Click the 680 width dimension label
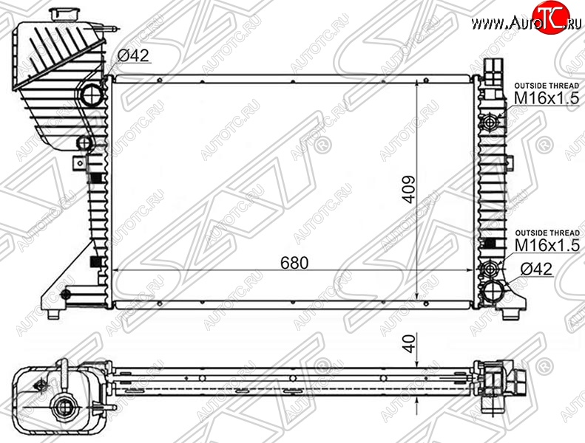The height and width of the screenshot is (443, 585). coord(294,263)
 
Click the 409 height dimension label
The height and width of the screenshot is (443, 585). coord(409,190)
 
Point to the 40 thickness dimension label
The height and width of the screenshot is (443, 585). coord(409,343)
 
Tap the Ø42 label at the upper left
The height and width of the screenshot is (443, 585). coord(133,55)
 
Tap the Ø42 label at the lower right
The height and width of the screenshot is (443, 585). coord(536,269)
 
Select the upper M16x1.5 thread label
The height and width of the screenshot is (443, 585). coord(547,98)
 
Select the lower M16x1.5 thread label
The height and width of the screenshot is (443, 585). coord(547,245)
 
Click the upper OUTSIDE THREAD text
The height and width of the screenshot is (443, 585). coord(547,86)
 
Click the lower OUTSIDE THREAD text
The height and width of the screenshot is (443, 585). coord(547,233)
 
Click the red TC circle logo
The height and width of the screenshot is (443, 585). coord(551,18)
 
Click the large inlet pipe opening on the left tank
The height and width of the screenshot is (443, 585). coord(92,95)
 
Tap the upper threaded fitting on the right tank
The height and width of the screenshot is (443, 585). coord(490,122)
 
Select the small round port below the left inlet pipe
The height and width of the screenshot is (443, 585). coord(84,142)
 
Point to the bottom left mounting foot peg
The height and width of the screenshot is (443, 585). coord(54,314)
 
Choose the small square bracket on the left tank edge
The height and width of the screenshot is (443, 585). coord(79,163)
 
